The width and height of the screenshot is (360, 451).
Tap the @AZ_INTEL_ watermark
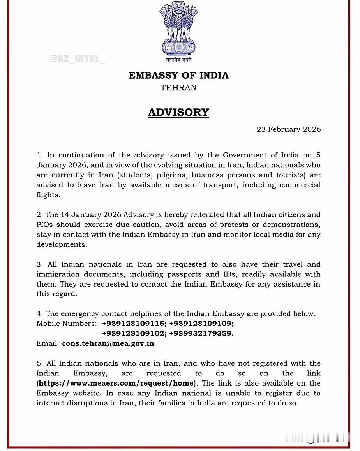coord(78,59)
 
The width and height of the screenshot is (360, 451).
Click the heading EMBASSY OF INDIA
coord(178,75)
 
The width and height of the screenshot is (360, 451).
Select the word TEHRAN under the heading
coord(178,88)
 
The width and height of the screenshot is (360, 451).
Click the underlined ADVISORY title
coord(178,112)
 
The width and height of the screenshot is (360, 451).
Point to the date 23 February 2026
coord(288,129)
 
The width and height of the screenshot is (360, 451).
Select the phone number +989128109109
coord(201,324)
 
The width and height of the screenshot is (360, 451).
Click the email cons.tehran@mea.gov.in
coord(108,343)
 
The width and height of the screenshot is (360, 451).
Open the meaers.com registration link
coord(116,383)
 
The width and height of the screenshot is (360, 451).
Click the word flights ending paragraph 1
coord(48,195)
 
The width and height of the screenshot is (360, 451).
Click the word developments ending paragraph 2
coord(62,244)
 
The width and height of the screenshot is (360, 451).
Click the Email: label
coord(48,343)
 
